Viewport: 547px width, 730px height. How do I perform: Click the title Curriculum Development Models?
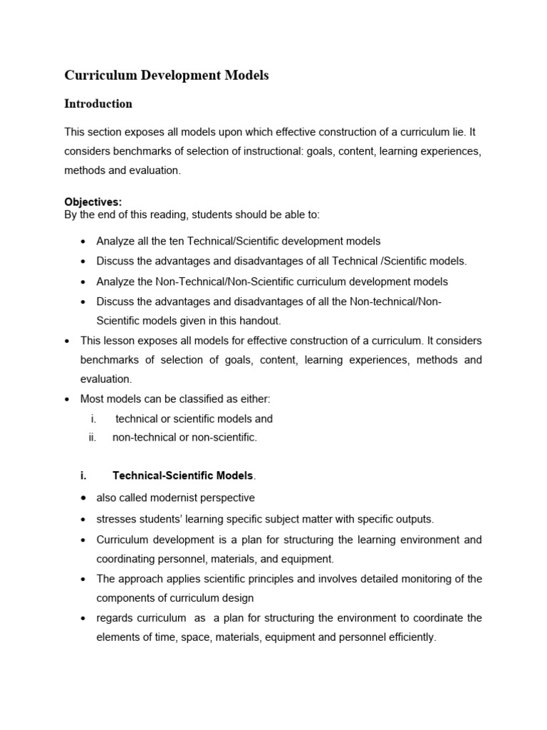167,75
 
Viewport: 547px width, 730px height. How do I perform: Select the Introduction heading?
98,104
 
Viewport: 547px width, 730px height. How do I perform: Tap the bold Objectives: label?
93,202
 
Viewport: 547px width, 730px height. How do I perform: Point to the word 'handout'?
261,321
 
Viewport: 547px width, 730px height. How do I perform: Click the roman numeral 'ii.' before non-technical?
92,438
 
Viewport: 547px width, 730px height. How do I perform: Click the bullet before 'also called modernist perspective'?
84,498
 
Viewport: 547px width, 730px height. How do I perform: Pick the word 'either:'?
253,399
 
